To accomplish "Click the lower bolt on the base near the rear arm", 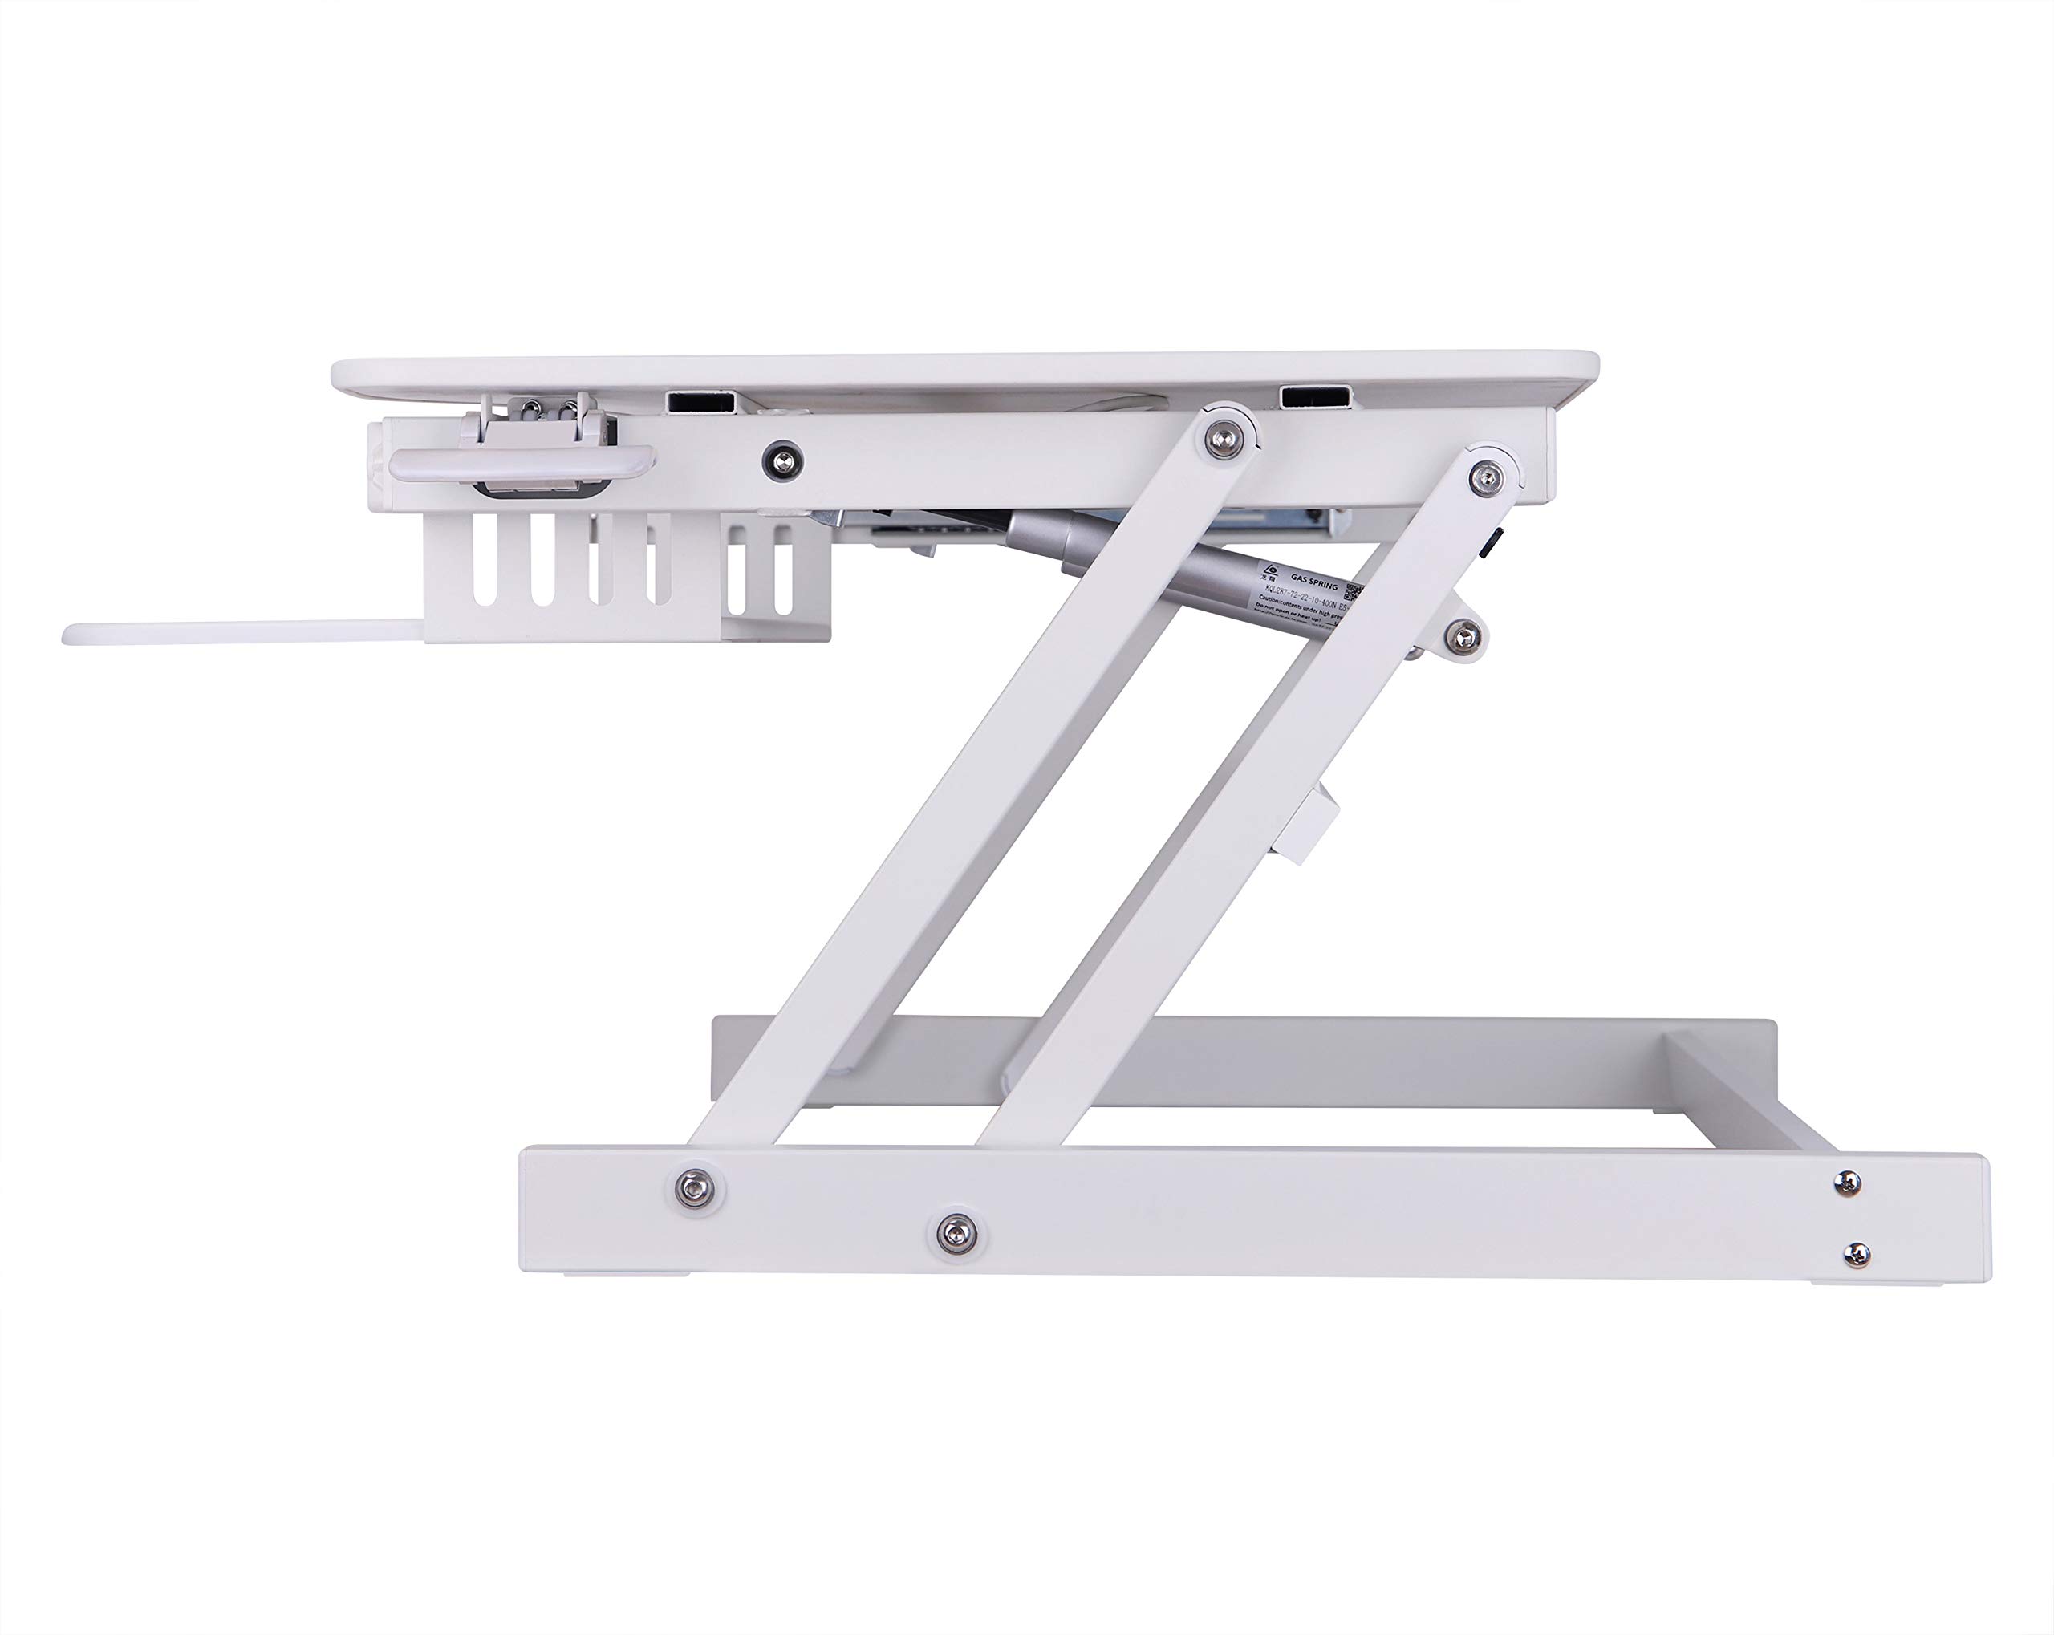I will (955, 1234).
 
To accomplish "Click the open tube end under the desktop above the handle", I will (702, 401).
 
